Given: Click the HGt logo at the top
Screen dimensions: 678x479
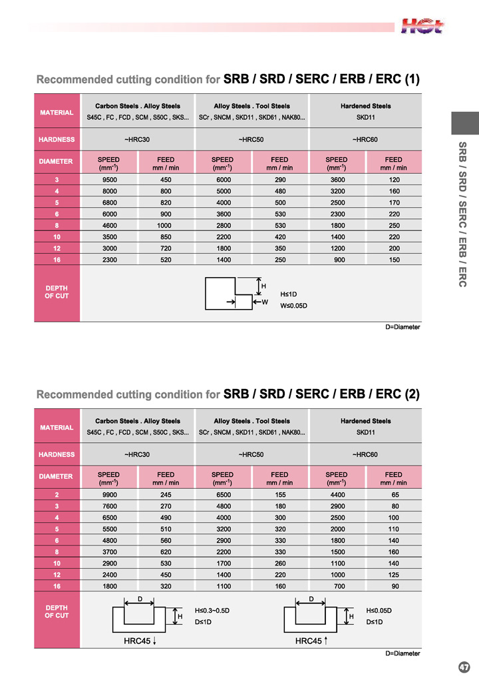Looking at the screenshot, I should pyautogui.click(x=422, y=26).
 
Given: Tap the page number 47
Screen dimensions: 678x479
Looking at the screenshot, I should pyautogui.click(x=464, y=667).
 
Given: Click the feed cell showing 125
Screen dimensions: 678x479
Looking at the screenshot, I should pyautogui.click(x=393, y=574).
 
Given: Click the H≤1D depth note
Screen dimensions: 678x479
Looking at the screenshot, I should pyautogui.click(x=289, y=294).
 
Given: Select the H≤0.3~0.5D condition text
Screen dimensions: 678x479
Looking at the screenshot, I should pyautogui.click(x=212, y=610).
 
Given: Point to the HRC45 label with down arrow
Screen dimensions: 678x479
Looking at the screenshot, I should pyautogui.click(x=140, y=641).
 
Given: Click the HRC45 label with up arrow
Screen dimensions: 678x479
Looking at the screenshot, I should pyautogui.click(x=312, y=641).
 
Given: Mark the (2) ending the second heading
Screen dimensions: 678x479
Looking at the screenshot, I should pyautogui.click(x=412, y=394).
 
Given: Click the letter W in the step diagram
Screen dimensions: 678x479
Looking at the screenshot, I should pyautogui.click(x=264, y=302).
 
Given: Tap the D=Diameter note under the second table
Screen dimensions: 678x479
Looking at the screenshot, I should pyautogui.click(x=402, y=653).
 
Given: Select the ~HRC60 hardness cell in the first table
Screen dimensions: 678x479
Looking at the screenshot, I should pyautogui.click(x=365, y=139).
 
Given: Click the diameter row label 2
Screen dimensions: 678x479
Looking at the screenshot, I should pyautogui.click(x=57, y=494).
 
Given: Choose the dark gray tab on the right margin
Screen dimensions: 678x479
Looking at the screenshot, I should pyautogui.click(x=465, y=123).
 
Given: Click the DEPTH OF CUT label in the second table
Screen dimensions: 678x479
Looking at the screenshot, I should pyautogui.click(x=57, y=611).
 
